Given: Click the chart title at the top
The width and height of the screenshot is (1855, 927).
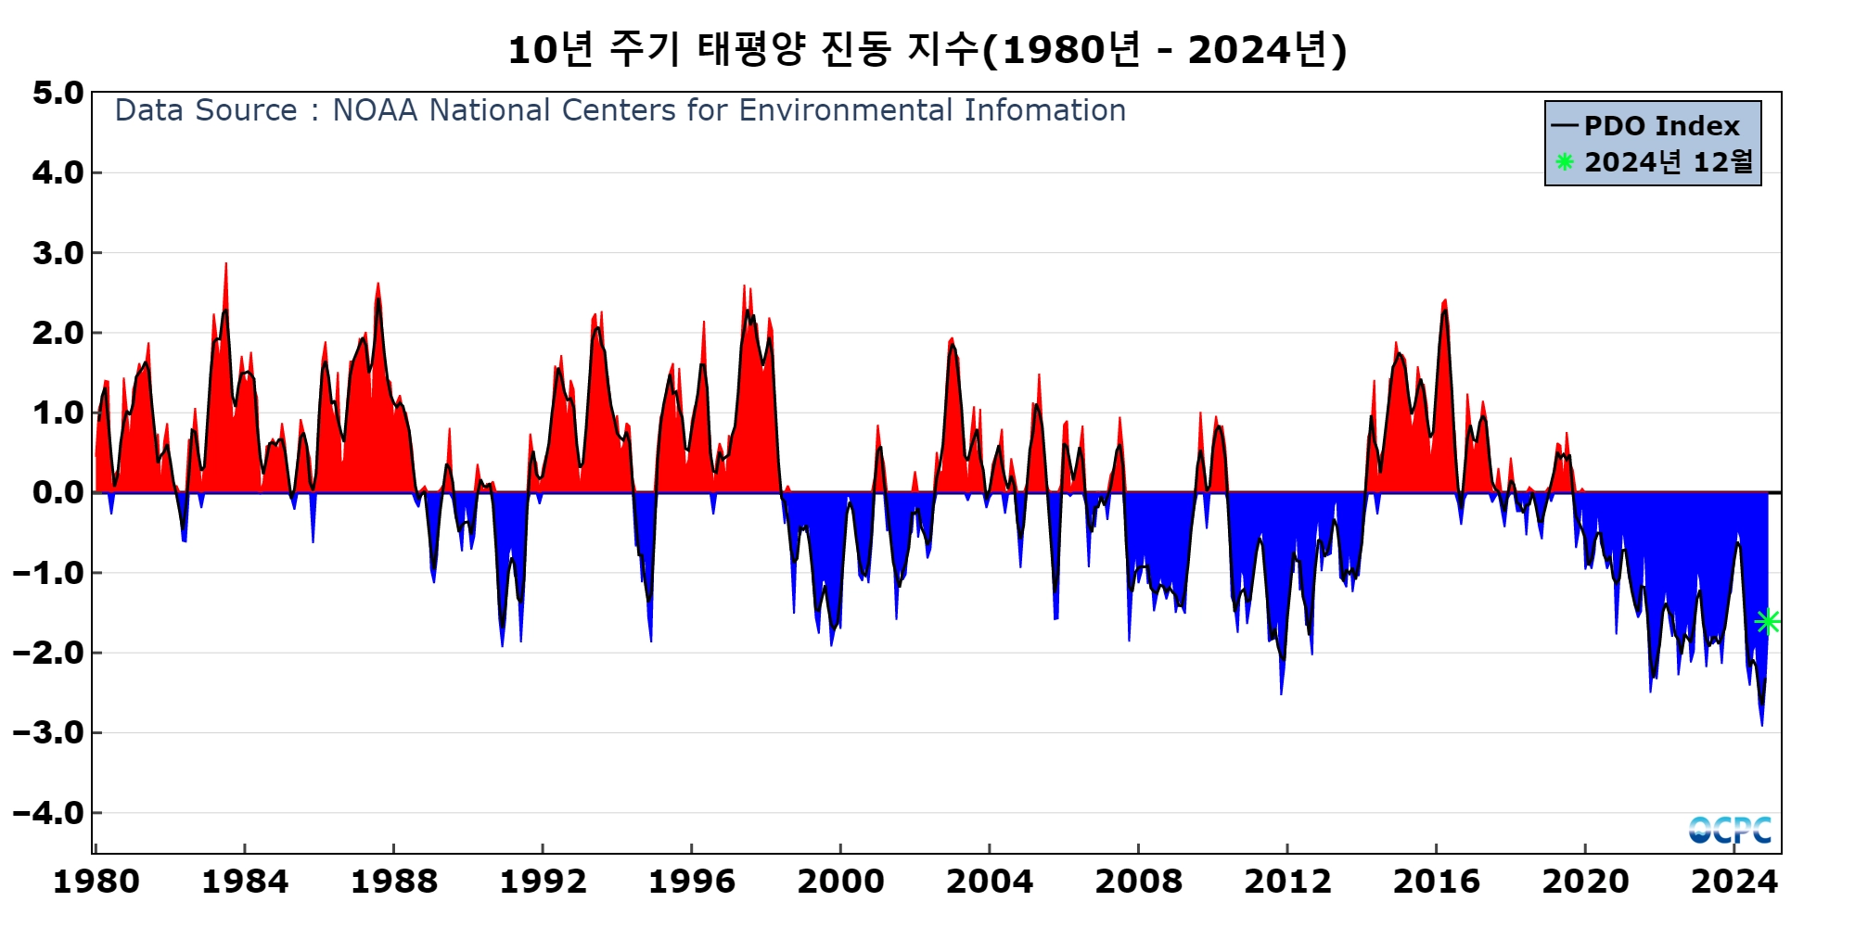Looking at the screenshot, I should pyautogui.click(x=927, y=50).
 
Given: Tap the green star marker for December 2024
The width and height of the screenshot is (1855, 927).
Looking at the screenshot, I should pyautogui.click(x=1768, y=621).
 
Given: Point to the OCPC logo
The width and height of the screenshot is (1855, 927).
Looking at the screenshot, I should pyautogui.click(x=1730, y=830).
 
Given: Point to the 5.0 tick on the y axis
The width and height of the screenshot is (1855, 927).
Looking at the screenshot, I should pyautogui.click(x=58, y=93).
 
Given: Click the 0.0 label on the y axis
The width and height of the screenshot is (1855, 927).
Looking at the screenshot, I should pyautogui.click(x=58, y=492).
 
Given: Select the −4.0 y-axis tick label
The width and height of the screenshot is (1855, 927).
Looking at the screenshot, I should pyautogui.click(x=48, y=813).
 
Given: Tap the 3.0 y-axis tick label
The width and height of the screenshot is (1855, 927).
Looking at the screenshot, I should pyautogui.click(x=58, y=253).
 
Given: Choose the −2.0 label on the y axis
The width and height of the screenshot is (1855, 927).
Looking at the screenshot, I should pyautogui.click(x=48, y=653).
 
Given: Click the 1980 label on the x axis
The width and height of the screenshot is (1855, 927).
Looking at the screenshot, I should pyautogui.click(x=96, y=881).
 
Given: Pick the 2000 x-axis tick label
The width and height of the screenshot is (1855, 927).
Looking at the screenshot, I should pyautogui.click(x=840, y=881).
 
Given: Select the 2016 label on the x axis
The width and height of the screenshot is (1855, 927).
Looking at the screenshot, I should pyautogui.click(x=1436, y=881).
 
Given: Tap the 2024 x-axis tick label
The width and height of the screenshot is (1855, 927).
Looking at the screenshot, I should pyautogui.click(x=1733, y=881).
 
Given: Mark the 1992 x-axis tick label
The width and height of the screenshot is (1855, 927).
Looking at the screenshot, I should pyautogui.click(x=543, y=881).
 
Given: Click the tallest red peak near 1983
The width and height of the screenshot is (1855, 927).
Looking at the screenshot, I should pyautogui.click(x=225, y=266).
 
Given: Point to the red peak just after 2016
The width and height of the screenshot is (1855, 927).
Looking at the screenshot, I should pyautogui.click(x=1445, y=302).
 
